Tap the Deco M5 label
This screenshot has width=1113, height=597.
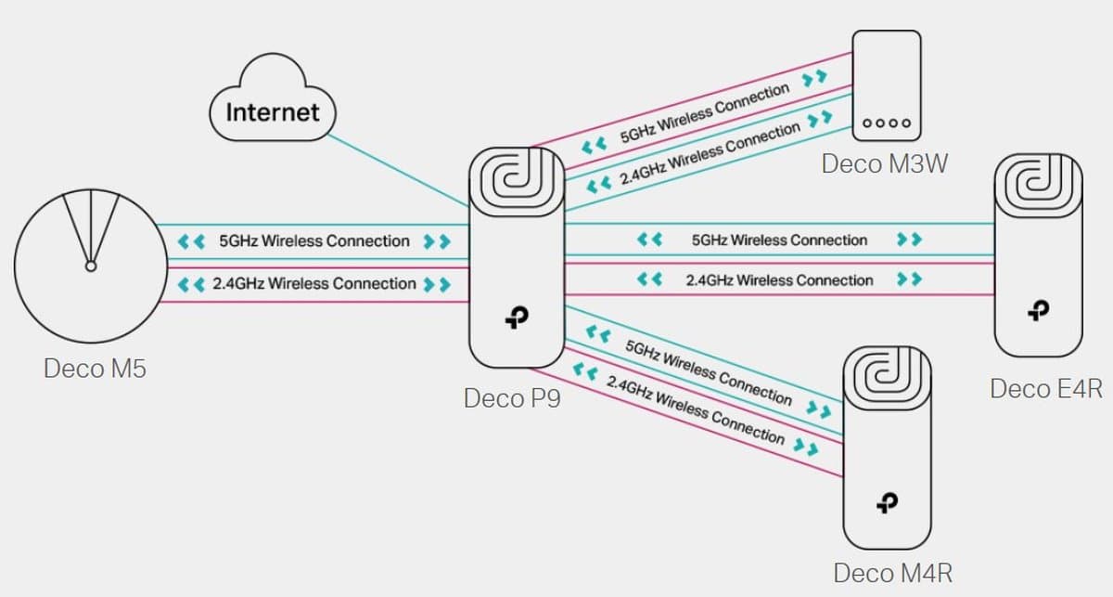tap(95, 369)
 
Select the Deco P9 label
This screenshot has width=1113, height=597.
tap(512, 398)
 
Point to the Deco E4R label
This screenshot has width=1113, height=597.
tap(1045, 388)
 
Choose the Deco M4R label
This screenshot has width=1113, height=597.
tap(892, 572)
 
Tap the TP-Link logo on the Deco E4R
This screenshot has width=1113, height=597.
tap(1039, 311)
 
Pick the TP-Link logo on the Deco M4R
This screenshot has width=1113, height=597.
tap(888, 502)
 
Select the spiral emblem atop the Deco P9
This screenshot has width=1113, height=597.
tap(516, 179)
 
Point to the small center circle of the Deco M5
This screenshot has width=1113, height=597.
tap(90, 266)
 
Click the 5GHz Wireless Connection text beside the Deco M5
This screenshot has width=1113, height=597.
tap(313, 241)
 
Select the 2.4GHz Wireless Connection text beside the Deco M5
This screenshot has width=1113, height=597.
tap(313, 283)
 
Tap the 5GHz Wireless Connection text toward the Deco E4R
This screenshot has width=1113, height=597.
tap(779, 240)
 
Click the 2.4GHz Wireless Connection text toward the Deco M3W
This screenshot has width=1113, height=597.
tap(710, 152)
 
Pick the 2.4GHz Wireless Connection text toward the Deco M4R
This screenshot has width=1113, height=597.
tap(695, 409)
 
